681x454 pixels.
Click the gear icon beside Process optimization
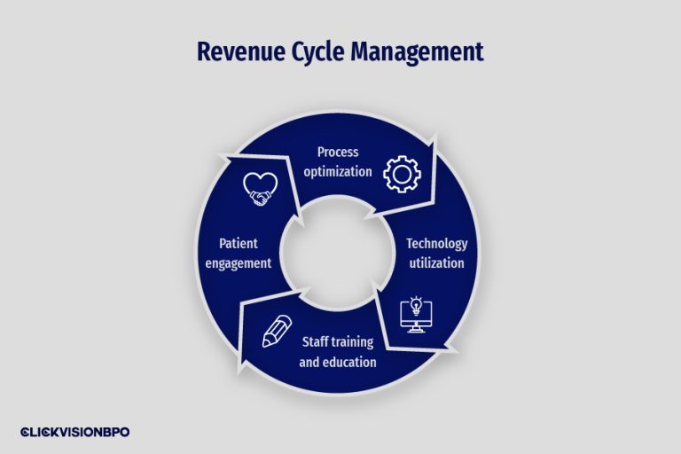[401, 174]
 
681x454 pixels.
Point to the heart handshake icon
[261, 190]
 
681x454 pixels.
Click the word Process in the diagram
[338, 153]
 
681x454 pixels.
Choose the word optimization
[338, 171]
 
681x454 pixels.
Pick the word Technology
[436, 244]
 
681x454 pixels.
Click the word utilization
[436, 262]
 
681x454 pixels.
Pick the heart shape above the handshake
[261, 184]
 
